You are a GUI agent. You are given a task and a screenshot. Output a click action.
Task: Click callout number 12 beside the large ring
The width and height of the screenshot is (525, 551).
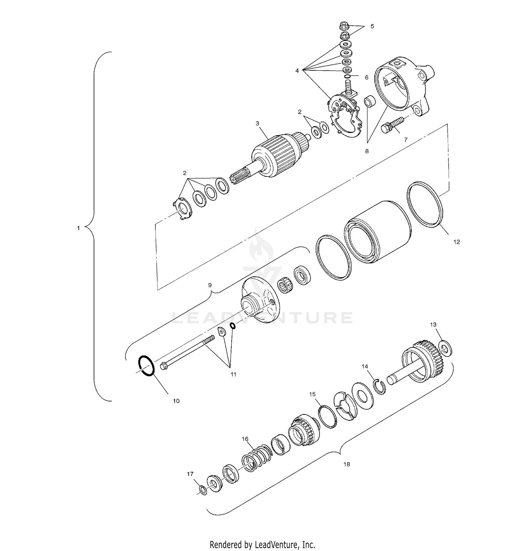456,242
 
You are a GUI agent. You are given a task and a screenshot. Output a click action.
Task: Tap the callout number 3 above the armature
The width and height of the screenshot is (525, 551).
257,123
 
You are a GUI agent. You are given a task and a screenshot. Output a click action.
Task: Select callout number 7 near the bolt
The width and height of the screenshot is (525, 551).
406,139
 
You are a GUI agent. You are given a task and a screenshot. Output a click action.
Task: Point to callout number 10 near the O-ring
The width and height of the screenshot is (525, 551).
176,401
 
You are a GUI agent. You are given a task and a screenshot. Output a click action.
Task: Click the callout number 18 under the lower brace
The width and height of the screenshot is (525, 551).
346,464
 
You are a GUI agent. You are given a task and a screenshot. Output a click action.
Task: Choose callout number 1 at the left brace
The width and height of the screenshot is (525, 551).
78,228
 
